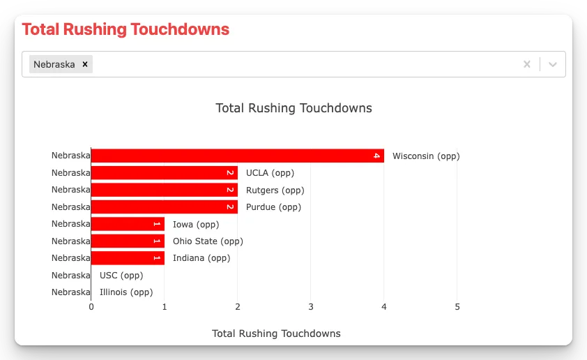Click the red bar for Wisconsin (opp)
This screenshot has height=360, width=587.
237,156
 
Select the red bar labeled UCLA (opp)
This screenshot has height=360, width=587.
164,173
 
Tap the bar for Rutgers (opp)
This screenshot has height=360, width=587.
164,190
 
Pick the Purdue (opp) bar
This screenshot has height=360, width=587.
164,207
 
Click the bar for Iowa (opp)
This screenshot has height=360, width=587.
128,224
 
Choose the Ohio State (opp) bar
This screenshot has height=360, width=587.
128,241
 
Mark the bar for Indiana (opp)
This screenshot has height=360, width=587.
128,258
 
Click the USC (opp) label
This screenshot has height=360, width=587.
121,276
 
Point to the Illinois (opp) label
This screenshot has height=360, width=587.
126,292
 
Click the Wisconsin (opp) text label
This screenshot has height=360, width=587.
426,156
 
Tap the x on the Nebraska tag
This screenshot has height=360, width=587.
85,64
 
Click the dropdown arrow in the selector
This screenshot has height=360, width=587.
553,64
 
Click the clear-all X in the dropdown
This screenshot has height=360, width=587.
527,64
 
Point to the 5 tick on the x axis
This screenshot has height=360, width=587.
457,307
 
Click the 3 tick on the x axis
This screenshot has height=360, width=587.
311,307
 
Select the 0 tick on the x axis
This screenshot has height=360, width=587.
91,307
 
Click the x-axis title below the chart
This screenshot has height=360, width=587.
276,333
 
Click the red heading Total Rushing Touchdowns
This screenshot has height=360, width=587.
125,29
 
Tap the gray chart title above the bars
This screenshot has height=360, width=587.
293,108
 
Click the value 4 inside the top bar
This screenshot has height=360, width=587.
376,156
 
